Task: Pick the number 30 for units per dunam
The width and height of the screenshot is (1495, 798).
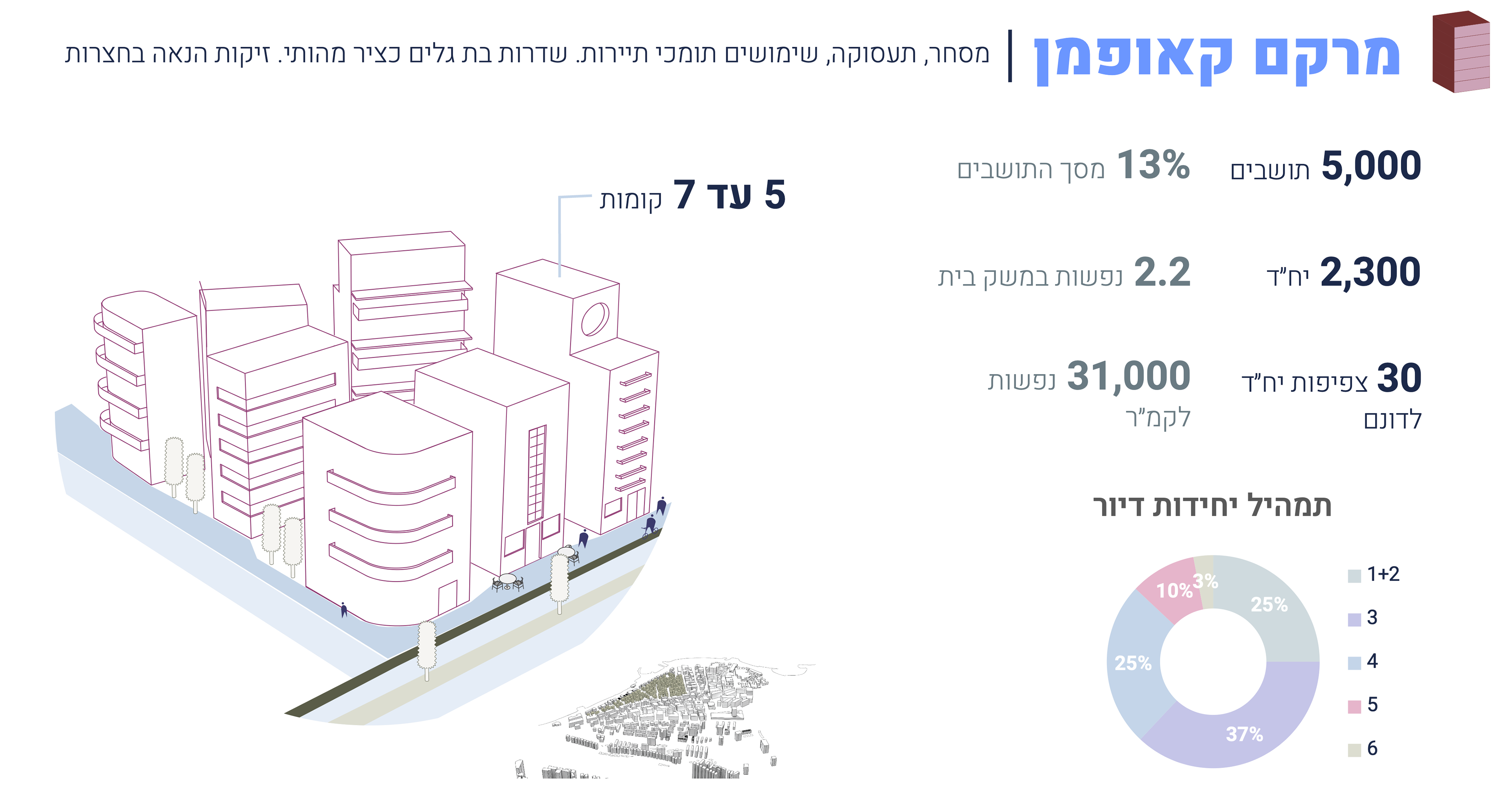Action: click(1399, 379)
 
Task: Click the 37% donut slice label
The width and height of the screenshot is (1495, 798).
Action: click(1244, 734)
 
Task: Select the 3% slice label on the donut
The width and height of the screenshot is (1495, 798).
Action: click(1205, 581)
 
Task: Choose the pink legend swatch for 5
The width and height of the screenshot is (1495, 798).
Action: click(1354, 706)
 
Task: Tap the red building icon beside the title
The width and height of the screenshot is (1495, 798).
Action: click(1460, 52)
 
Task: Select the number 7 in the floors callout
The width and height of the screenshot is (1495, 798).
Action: click(684, 194)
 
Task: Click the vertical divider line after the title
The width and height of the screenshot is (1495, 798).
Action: click(1010, 56)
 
